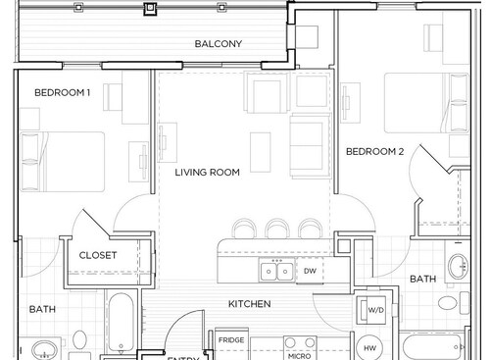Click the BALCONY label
point(218,44)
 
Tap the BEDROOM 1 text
point(63,93)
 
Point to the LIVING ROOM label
point(208,173)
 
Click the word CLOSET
point(98,256)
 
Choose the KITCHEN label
point(249,304)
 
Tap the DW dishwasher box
point(309,271)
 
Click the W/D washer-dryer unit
point(375,311)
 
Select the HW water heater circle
point(370,346)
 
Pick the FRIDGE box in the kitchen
point(231,341)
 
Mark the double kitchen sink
point(274,271)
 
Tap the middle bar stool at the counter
point(274,229)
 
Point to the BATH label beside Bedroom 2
point(422,280)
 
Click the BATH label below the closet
point(42,309)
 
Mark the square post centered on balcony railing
point(149,10)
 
